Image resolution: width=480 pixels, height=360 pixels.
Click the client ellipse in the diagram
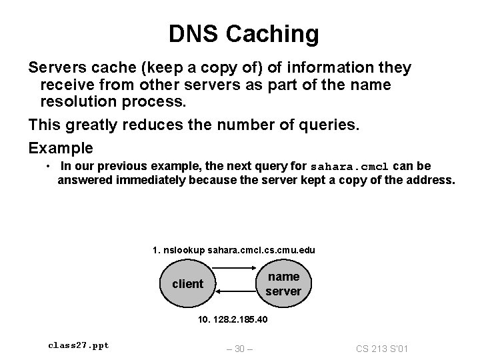[x=187, y=284]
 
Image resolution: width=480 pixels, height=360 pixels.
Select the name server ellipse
[x=283, y=284]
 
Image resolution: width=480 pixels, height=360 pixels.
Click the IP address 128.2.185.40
[x=233, y=319]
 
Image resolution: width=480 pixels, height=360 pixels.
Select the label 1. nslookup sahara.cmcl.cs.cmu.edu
[x=234, y=250]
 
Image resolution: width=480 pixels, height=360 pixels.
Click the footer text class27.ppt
[x=79, y=345]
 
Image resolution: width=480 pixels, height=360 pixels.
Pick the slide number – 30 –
[x=239, y=348]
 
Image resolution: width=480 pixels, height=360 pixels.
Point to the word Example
[x=61, y=147]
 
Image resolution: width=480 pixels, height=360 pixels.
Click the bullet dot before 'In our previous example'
[x=49, y=166]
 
